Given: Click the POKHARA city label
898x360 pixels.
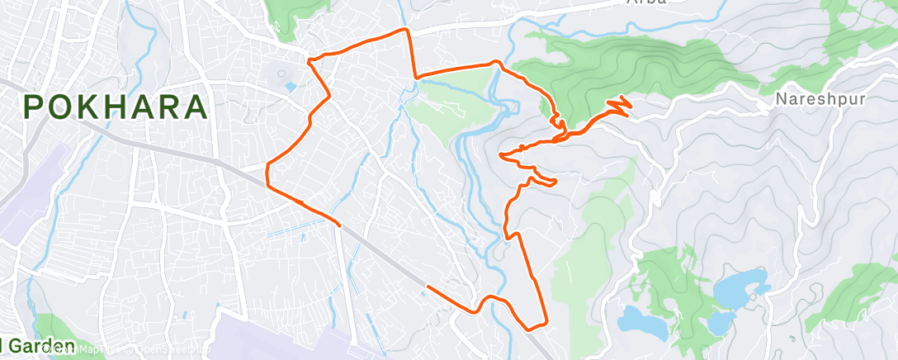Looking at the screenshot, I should [x=115, y=107].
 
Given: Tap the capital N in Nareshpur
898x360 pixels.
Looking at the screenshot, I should [x=781, y=100].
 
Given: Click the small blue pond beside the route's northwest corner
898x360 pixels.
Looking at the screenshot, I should [x=289, y=86].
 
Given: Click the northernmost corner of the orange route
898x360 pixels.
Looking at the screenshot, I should [x=404, y=30].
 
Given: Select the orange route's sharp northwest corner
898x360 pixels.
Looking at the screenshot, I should [x=309, y=60].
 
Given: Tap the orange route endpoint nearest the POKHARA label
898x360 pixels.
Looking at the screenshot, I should [x=339, y=223].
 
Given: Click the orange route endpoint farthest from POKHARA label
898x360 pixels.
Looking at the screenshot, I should [x=427, y=287].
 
